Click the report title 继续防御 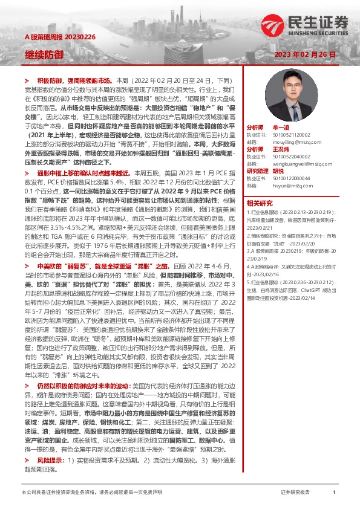coord(44,55)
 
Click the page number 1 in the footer coord(334,493)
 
